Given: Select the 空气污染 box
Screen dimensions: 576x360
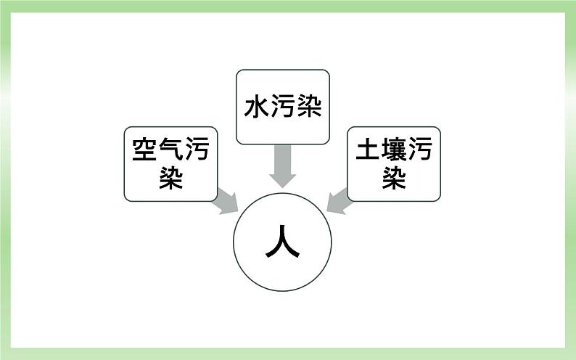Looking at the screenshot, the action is point(170,163).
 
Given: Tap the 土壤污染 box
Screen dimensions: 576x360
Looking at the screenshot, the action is point(394,163).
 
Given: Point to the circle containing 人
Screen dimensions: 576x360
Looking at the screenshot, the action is point(282,243).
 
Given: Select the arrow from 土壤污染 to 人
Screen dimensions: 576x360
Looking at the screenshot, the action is point(338,201).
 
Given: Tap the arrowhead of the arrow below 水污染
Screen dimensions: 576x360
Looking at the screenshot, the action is point(282,179).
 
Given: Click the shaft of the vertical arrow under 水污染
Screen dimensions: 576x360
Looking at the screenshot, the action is point(282,157).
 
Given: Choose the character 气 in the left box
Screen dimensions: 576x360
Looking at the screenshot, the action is point(170,151).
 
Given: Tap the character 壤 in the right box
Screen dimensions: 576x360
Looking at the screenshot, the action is point(394,151).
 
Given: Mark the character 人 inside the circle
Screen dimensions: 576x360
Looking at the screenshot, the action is point(282,243).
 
